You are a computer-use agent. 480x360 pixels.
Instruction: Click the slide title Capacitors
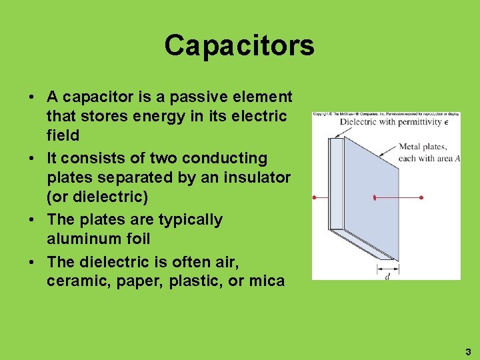(239, 45)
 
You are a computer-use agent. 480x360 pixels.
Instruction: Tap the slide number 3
(467, 351)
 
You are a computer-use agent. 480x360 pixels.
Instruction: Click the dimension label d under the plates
(387, 276)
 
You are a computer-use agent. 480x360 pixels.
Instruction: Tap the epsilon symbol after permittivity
(445, 123)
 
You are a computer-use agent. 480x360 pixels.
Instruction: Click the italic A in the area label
(458, 158)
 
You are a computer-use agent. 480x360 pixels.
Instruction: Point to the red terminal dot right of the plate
(421, 198)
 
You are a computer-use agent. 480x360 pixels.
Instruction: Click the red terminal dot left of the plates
(314, 198)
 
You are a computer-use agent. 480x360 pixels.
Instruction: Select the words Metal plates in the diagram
(423, 147)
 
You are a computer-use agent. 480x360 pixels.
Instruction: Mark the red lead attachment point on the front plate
(375, 198)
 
